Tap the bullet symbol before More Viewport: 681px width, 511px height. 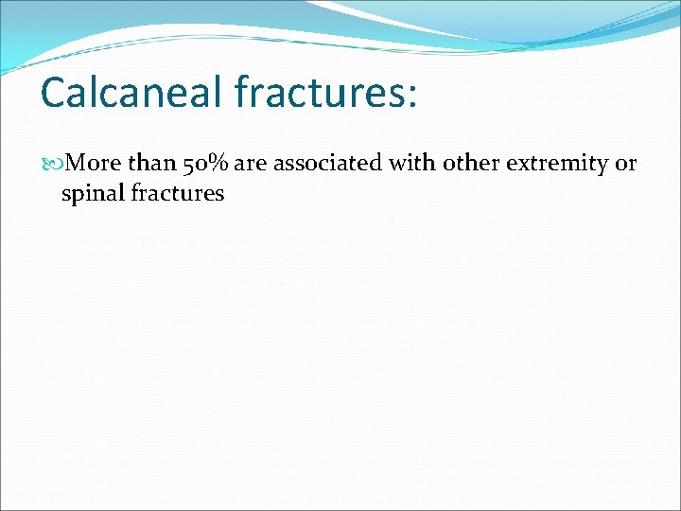(x=52, y=164)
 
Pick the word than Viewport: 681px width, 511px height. (x=150, y=164)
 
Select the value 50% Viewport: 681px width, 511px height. (x=206, y=164)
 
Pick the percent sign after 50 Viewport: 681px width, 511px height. (x=220, y=164)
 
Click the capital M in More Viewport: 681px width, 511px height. (x=78, y=164)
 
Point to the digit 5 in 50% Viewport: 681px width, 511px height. (x=189, y=165)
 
